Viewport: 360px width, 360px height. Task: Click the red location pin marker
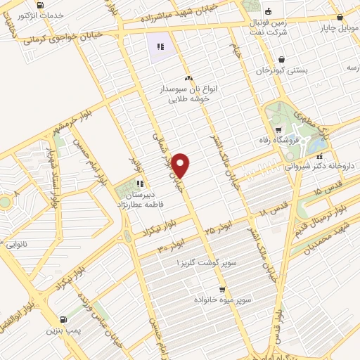pos(181,165)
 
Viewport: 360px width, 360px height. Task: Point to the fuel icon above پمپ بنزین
pos(64,319)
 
